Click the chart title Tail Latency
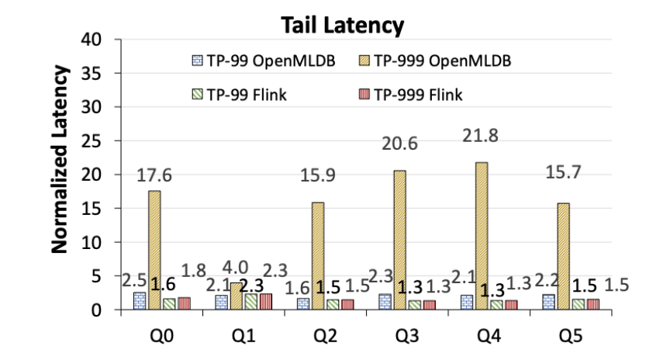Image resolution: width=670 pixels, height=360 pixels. coord(342,25)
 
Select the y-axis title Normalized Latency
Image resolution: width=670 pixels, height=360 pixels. coord(60,159)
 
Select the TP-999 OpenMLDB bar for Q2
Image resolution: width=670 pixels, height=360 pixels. coord(318,256)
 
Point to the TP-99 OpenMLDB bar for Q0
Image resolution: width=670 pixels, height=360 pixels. coord(139,301)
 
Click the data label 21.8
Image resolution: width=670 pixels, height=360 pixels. coord(478,137)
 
